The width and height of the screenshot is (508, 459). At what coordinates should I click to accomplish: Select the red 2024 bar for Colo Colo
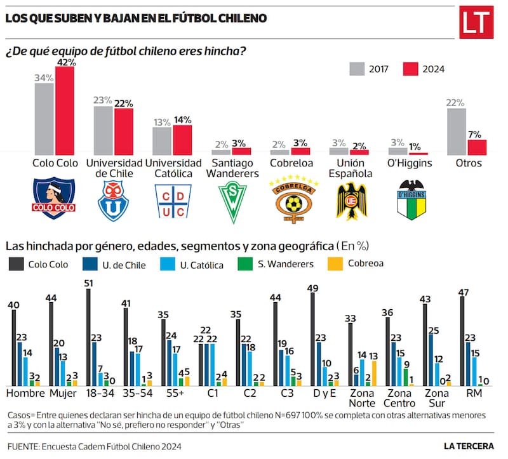65,110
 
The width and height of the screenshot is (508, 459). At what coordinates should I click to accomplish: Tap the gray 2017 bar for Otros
457,131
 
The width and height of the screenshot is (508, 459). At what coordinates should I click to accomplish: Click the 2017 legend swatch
357,69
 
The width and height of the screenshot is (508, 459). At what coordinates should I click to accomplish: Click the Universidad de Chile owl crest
113,199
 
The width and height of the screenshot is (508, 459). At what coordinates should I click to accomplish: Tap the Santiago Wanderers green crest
232,201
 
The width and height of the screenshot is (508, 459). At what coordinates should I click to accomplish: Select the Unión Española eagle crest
351,201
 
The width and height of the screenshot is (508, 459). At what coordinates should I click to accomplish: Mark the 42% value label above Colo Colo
65,62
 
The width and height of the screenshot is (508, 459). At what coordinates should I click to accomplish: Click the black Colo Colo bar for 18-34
88,337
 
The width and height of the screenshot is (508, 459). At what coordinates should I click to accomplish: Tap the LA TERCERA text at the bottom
468,446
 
